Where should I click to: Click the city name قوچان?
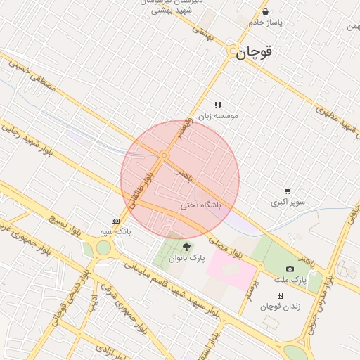click(254, 52)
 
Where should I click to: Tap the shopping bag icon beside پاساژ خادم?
click(265, 11)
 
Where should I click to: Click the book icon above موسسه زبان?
click(218, 105)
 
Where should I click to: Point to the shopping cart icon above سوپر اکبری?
click(288, 191)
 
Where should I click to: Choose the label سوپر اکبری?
click(288, 202)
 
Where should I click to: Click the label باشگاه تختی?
click(201, 205)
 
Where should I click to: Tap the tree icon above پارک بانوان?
click(186, 247)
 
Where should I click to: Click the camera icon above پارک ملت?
click(290, 269)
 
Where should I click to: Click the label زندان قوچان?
click(280, 307)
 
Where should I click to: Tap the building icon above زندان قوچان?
click(280, 296)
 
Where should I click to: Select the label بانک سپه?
click(115, 231)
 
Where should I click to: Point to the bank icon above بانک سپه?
click(115, 220)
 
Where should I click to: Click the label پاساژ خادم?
click(264, 22)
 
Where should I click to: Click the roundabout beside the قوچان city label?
click(231, 51)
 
